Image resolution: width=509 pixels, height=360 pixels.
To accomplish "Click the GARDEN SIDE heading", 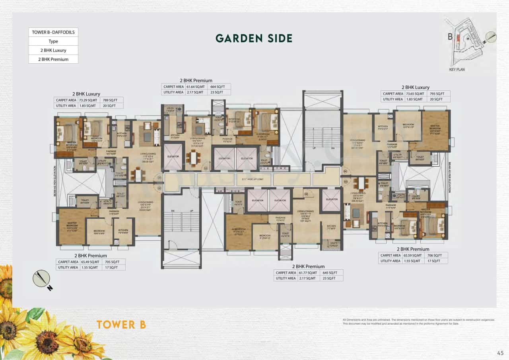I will pyautogui.click(x=254, y=38).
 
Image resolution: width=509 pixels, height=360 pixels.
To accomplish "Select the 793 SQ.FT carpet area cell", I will pyautogui.click(x=440, y=94).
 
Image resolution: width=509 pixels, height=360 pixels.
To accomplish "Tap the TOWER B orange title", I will pyautogui.click(x=121, y=325).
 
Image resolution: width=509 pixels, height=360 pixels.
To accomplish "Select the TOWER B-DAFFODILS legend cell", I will pyautogui.click(x=53, y=32).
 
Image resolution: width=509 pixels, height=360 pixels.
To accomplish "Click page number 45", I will pyautogui.click(x=500, y=352).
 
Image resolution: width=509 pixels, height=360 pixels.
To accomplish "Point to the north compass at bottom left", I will pyautogui.click(x=41, y=278).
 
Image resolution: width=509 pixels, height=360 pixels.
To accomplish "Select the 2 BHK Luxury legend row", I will pyautogui.click(x=53, y=50).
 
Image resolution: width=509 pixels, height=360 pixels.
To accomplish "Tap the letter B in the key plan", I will pyautogui.click(x=450, y=37).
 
